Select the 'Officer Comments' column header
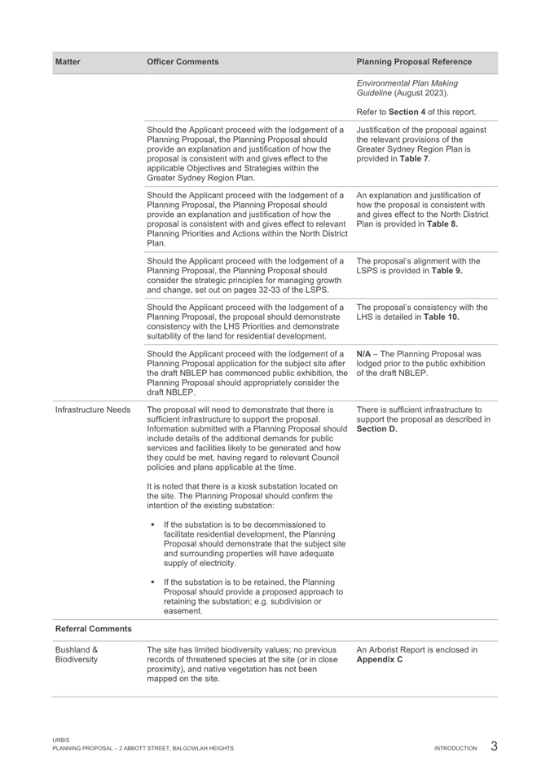(182, 61)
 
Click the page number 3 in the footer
(495, 746)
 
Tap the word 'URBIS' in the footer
(59, 741)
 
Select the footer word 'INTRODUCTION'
(455, 748)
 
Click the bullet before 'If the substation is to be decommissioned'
(152, 524)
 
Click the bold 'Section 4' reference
(416, 112)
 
